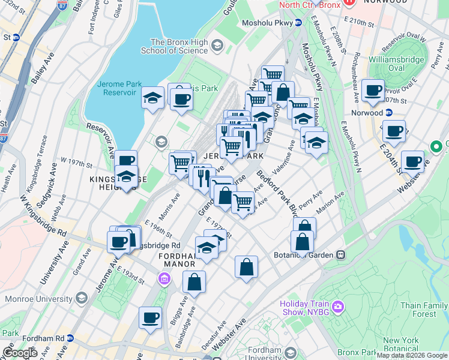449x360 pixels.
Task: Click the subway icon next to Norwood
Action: tap(388, 112)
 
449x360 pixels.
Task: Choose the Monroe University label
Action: tap(38, 298)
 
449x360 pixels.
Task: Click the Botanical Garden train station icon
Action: tap(340, 254)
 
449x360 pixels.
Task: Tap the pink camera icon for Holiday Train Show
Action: tap(338, 307)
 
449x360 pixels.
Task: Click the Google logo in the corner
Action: tap(20, 353)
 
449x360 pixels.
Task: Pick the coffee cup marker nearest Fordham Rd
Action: tap(150, 317)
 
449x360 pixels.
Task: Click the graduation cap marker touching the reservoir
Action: tap(152, 97)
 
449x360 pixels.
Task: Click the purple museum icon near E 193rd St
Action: tap(164, 279)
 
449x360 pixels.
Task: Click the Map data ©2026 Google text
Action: tap(412, 355)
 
